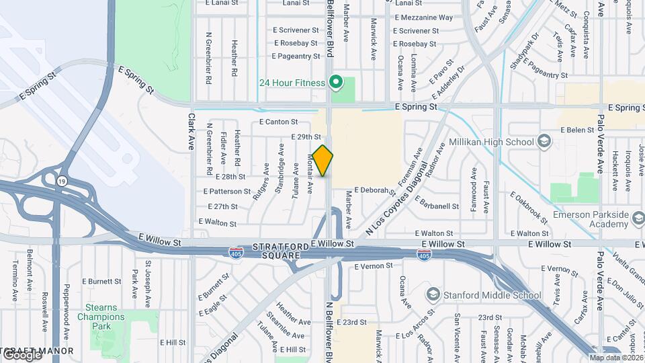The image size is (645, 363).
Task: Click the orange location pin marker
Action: pyautogui.click(x=323, y=161)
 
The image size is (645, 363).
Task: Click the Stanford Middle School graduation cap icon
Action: pyautogui.click(x=433, y=295)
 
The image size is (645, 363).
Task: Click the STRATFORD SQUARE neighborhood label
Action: pyautogui.click(x=279, y=251)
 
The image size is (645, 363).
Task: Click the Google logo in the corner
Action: pyautogui.click(x=21, y=354)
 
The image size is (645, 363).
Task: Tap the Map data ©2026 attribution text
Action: pyautogui.click(x=615, y=358)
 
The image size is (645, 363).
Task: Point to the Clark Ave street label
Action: pyautogui.click(x=191, y=130)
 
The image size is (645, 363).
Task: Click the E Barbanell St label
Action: pyautogui.click(x=437, y=202)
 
